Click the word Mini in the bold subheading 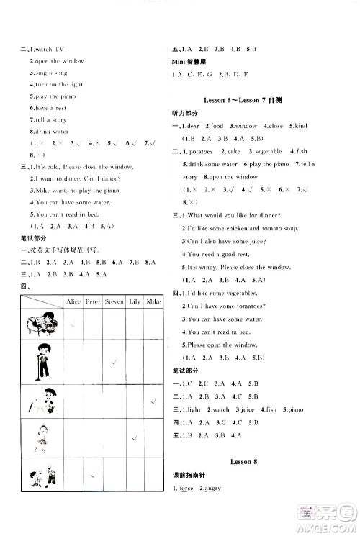(x=183, y=63)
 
